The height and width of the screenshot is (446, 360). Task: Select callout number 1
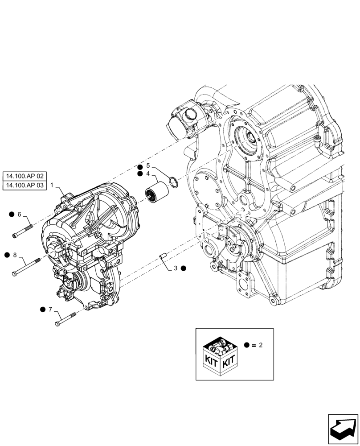(52, 185)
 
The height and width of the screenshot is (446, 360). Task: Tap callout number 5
(148, 165)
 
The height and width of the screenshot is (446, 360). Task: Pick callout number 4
(148, 173)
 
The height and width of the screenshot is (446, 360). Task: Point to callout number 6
(19, 215)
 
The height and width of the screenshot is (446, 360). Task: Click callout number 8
(15, 255)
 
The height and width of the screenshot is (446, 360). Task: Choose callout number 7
(50, 309)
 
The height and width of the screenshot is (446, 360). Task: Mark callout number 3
(176, 268)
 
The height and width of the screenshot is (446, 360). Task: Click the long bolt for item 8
(27, 266)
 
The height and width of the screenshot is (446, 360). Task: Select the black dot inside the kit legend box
(247, 345)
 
